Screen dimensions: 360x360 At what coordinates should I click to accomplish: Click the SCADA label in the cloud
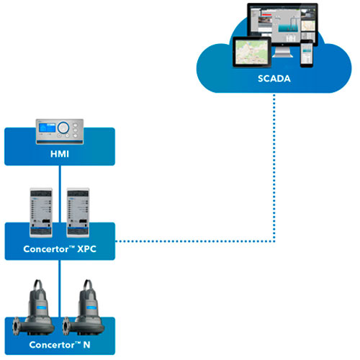(x=274, y=78)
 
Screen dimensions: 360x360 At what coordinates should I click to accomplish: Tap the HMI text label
(x=60, y=154)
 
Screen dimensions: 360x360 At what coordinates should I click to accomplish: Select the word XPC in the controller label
(x=86, y=249)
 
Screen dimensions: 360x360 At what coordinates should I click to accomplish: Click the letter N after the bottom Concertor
(x=86, y=345)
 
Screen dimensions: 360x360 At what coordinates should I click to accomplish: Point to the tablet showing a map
(x=252, y=52)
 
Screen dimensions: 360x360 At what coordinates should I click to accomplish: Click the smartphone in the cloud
(x=307, y=53)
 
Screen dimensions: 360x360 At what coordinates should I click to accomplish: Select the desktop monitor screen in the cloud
(x=282, y=24)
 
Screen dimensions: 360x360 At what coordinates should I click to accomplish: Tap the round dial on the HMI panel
(x=63, y=127)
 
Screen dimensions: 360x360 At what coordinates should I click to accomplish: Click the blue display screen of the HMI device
(x=48, y=127)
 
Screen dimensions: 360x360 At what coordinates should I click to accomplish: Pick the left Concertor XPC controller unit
(x=41, y=212)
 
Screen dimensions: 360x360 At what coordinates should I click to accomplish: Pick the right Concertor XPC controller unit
(x=78, y=212)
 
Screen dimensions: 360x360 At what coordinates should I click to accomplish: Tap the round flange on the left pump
(x=17, y=325)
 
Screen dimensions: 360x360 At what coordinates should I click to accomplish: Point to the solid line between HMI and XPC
(x=60, y=194)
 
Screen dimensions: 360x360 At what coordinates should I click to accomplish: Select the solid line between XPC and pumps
(x=60, y=289)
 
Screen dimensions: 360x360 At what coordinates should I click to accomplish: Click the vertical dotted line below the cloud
(x=274, y=168)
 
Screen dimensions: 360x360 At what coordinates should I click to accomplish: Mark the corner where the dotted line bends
(x=274, y=241)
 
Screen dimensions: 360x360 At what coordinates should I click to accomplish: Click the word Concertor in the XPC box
(x=46, y=249)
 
